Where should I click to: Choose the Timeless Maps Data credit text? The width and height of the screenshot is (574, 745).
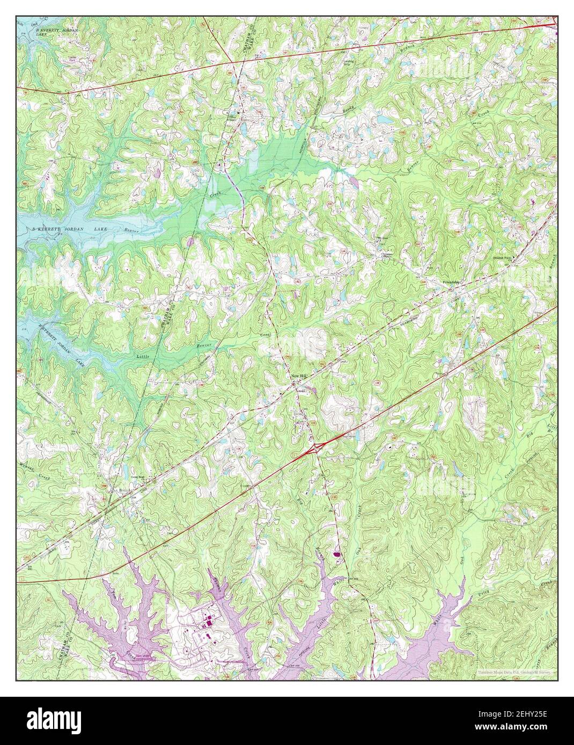click(x=516, y=672)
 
